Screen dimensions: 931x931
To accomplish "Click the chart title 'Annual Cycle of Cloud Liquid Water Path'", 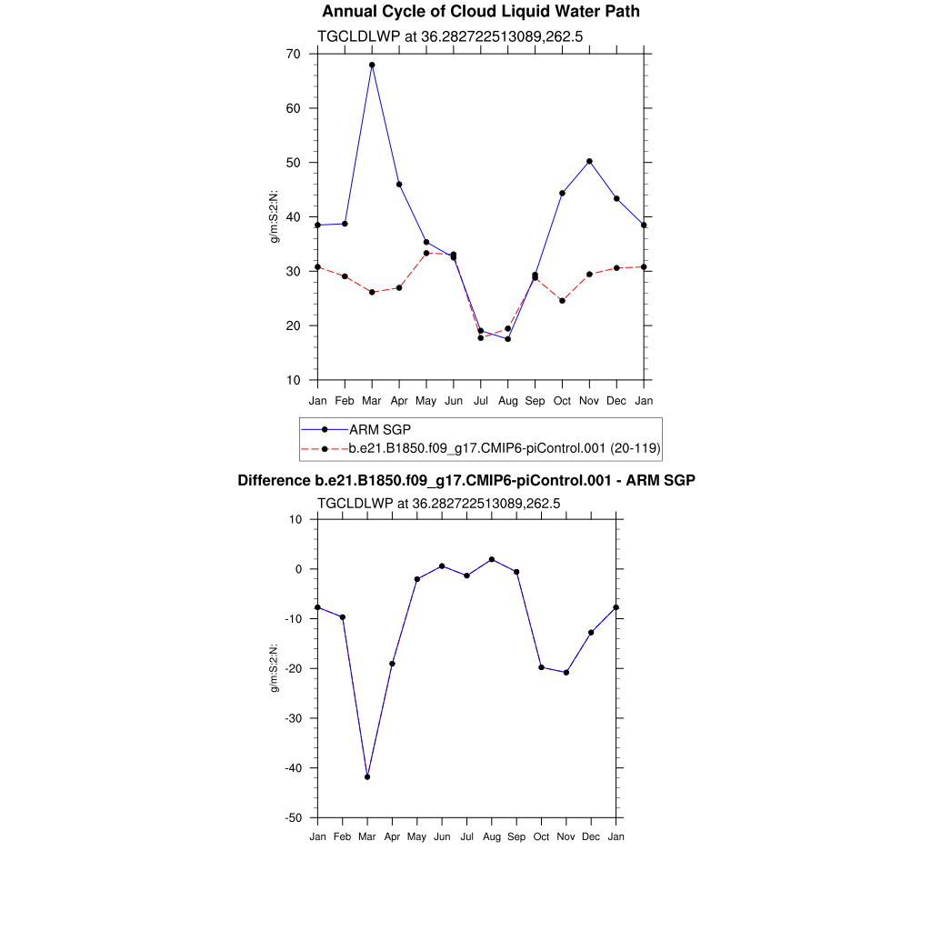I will (x=481, y=12).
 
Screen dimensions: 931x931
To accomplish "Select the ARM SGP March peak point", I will (x=372, y=65).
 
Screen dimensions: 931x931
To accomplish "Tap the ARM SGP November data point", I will (x=589, y=161).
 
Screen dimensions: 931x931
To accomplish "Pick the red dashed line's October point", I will (x=562, y=301).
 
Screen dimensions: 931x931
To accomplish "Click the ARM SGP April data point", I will (x=399, y=185).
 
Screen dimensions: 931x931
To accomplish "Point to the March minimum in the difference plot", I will (x=367, y=777).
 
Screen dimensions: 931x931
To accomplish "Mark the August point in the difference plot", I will (x=492, y=559).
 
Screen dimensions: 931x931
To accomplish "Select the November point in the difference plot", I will (x=566, y=673).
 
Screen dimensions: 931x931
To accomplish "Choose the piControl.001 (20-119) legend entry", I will (x=504, y=448).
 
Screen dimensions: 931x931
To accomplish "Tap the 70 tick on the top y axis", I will (x=294, y=54).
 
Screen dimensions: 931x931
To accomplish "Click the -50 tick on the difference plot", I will (x=294, y=818).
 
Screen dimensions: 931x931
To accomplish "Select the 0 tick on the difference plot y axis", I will (x=297, y=569).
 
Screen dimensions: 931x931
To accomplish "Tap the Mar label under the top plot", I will (x=372, y=401).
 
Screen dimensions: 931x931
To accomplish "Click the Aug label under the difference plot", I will (x=492, y=836).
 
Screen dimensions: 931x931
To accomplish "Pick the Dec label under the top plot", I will (x=616, y=401).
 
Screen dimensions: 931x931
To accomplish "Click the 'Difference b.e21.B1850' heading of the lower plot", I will (x=466, y=480).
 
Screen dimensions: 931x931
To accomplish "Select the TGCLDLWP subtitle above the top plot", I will (x=449, y=36).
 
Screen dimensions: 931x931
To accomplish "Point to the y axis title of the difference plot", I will (x=274, y=668).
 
